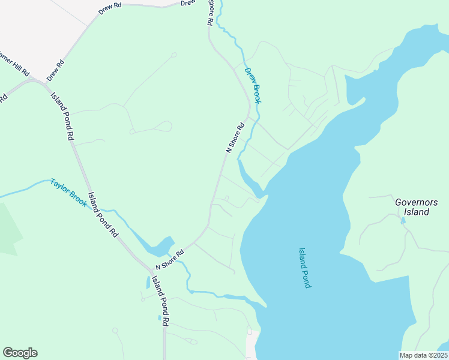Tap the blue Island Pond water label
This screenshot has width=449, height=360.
click(304, 268)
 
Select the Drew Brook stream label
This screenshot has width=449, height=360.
click(253, 85)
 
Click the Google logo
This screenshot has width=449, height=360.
click(20, 353)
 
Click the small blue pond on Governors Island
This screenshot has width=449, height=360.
click(403, 221)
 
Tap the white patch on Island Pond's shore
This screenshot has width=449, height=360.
click(252, 343)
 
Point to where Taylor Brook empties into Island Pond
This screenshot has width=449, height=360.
click(255, 302)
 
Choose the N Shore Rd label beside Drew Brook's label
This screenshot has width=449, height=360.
click(236, 137)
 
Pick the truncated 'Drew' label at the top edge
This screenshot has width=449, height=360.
click(188, 3)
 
